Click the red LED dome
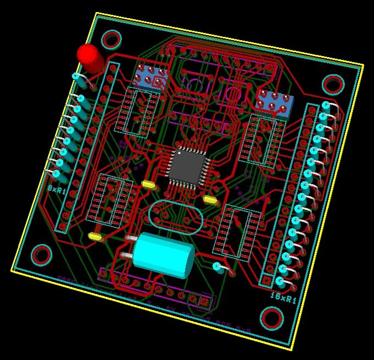pyautogui.click(x=88, y=55)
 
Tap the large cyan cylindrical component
pyautogui.click(x=164, y=254)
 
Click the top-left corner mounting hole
pyautogui.click(x=111, y=39)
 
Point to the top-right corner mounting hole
pyautogui.click(x=333, y=84)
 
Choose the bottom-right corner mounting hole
pyautogui.click(x=271, y=318)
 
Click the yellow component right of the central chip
pyautogui.click(x=210, y=199)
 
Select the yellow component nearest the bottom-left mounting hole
pyautogui.click(x=96, y=236)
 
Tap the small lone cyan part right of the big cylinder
pyautogui.click(x=219, y=267)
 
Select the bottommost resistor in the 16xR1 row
pyautogui.click(x=281, y=283)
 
